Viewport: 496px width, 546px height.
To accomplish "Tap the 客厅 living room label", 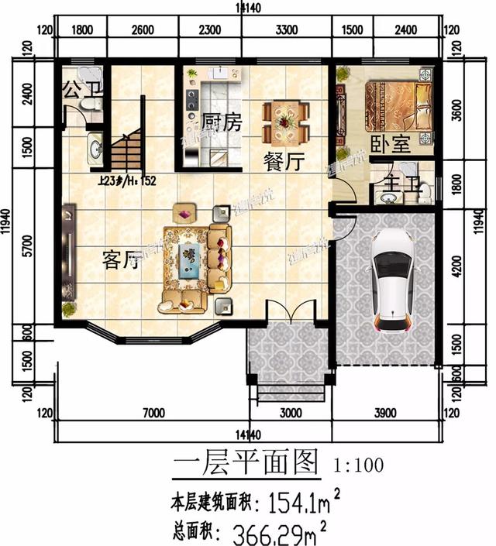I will (x=120, y=260).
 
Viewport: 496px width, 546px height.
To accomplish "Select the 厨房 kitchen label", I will (x=222, y=123).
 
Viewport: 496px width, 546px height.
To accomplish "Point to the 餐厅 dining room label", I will (x=282, y=162).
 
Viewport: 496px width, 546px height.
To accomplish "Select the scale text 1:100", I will (x=358, y=466).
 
